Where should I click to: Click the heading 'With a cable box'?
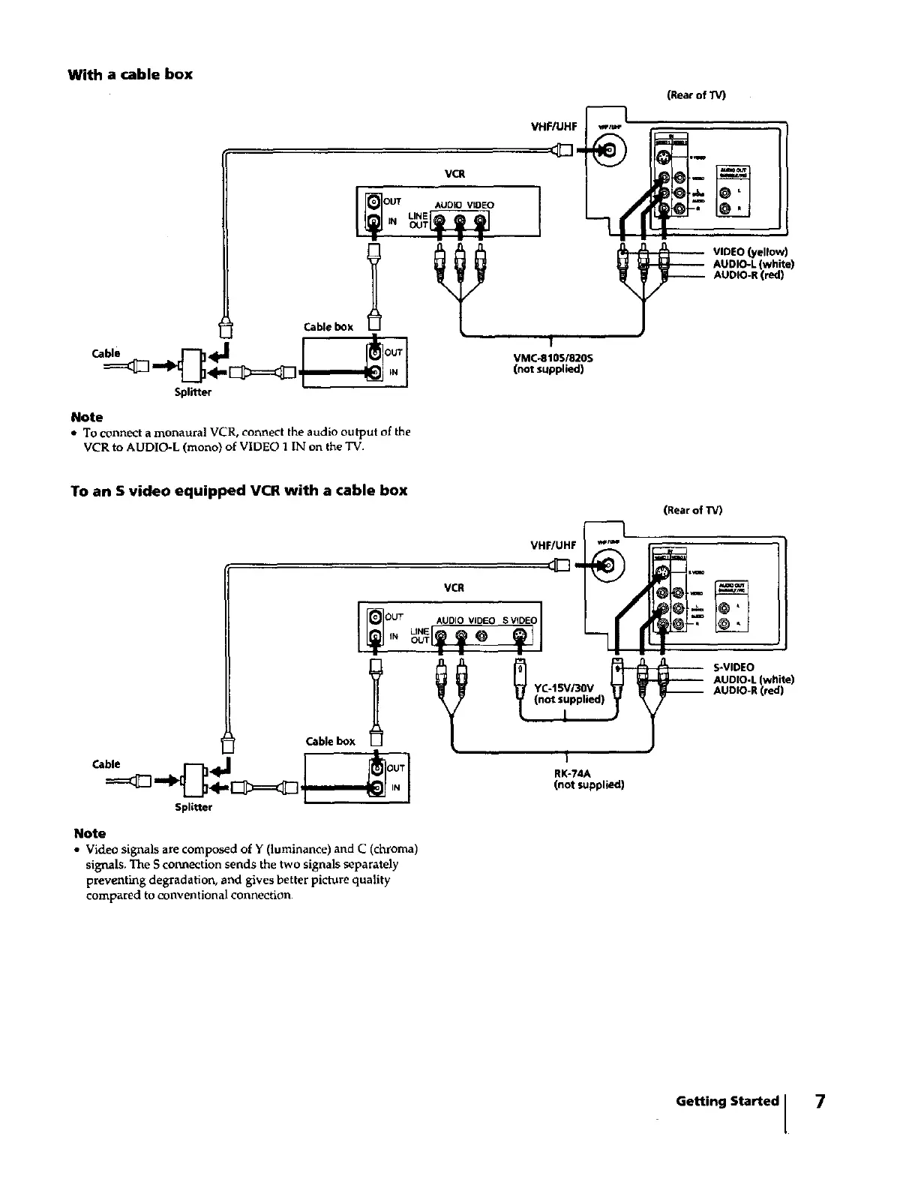(x=130, y=74)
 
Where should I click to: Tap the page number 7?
(x=820, y=1101)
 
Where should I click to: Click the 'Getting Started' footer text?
(x=727, y=1101)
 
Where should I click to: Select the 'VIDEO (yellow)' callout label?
(x=751, y=252)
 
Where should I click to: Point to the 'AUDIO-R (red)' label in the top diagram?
(x=748, y=274)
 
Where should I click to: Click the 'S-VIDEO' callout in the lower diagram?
(x=733, y=667)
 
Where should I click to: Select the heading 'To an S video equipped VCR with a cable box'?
(x=239, y=490)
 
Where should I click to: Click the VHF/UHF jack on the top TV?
(x=610, y=149)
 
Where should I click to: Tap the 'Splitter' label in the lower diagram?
(x=193, y=807)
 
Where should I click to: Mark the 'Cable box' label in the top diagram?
(x=328, y=327)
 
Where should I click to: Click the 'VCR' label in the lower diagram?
(x=454, y=587)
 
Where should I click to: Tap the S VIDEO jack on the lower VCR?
(x=520, y=637)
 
